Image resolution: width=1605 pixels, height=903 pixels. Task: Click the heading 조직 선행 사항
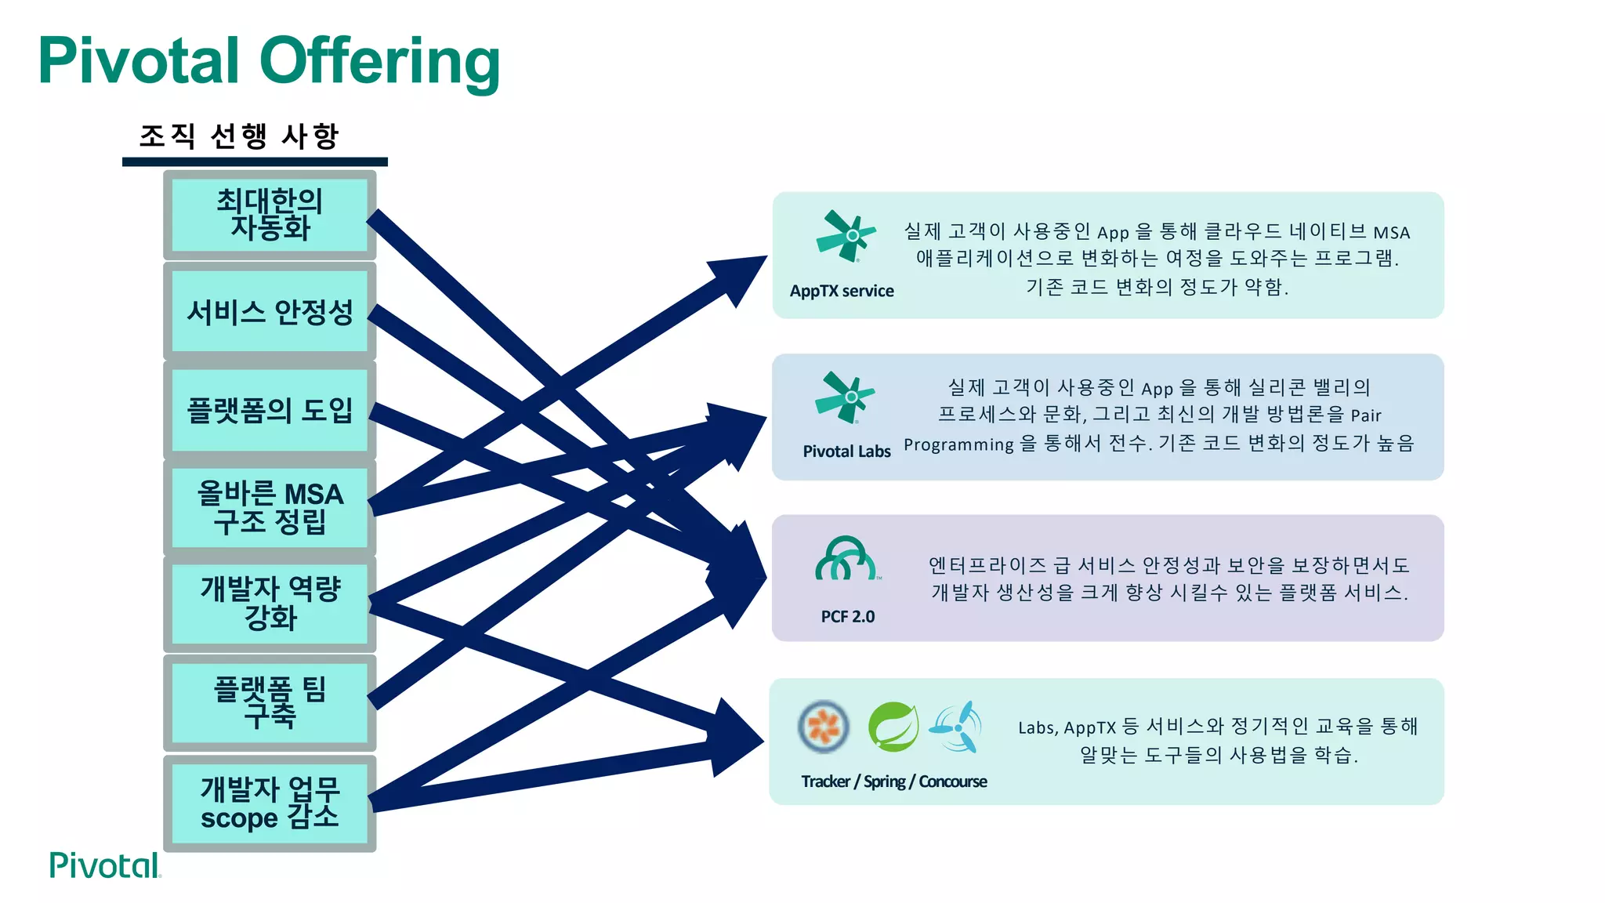pyautogui.click(x=239, y=136)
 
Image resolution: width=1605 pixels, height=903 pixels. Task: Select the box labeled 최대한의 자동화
pyautogui.click(x=270, y=215)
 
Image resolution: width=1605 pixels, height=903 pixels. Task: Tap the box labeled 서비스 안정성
pyautogui.click(x=270, y=312)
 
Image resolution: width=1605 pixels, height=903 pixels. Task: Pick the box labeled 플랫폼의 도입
pyautogui.click(x=270, y=410)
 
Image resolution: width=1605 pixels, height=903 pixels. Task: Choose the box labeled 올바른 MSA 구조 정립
pyautogui.click(x=270, y=508)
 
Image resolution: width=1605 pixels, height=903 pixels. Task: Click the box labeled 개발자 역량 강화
pyautogui.click(x=270, y=604)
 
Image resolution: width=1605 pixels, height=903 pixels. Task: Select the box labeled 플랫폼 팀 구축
pyautogui.click(x=270, y=702)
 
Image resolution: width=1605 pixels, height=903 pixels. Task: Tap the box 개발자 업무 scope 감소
pyautogui.click(x=270, y=803)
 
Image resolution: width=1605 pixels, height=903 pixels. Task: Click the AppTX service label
pyautogui.click(x=842, y=291)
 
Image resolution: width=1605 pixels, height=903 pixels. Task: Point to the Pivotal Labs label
pyautogui.click(x=846, y=451)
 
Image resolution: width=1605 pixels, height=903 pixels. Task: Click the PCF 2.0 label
pyautogui.click(x=847, y=617)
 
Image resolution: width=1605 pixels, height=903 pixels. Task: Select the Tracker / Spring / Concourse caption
pyautogui.click(x=893, y=782)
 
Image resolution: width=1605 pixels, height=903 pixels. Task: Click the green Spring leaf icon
pyautogui.click(x=893, y=727)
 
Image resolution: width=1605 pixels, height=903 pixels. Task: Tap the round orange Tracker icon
pyautogui.click(x=823, y=726)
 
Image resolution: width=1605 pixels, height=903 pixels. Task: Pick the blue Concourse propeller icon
pyautogui.click(x=958, y=727)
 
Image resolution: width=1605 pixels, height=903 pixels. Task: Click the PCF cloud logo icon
pyautogui.click(x=846, y=559)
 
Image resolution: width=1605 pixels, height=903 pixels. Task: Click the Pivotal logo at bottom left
pyautogui.click(x=105, y=865)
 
